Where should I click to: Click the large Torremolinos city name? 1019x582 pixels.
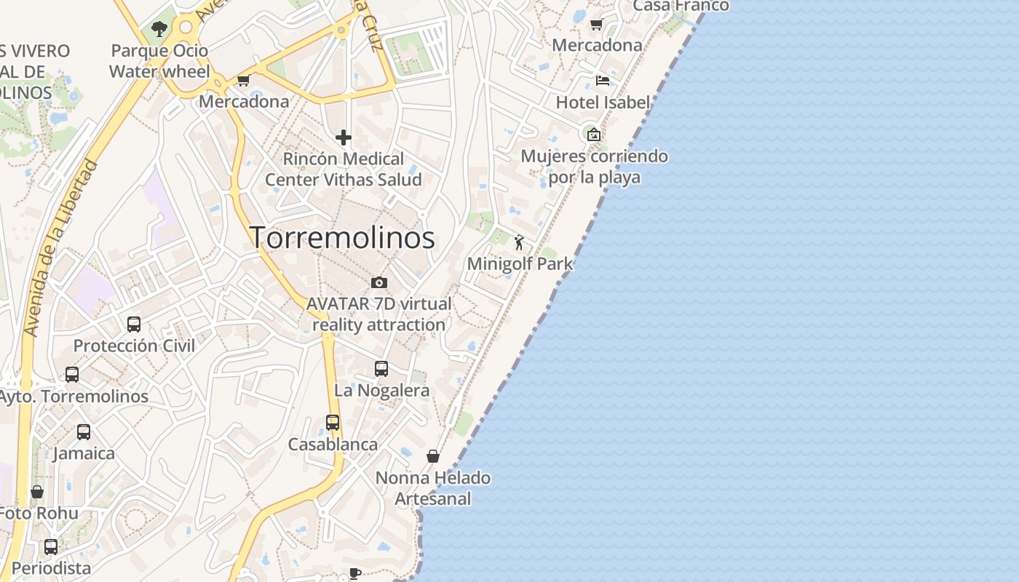pos(343,238)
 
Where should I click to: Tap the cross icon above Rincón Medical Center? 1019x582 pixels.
pos(344,137)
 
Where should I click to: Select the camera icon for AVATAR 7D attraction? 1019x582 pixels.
pos(378,282)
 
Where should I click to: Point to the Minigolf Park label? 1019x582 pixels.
pos(520,263)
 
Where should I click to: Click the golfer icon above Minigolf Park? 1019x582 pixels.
pos(519,242)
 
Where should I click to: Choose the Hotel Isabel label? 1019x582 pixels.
pos(603,103)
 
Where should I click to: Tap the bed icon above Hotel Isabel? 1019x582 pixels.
pos(602,80)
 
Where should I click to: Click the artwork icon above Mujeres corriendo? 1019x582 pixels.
pos(594,134)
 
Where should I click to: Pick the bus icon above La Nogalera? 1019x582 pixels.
pos(381,369)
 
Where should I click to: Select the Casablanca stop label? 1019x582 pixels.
pos(333,445)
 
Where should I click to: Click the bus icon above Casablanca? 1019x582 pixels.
pos(333,423)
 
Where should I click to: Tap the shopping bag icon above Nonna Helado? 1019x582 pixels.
pos(433,456)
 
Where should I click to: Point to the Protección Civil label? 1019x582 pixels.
pos(134,346)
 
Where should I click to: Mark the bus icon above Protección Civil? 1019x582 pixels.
pos(134,324)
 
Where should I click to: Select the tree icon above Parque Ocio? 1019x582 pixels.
pos(159,30)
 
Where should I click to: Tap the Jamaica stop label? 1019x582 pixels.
pos(84,453)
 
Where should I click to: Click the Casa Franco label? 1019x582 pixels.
pos(681,6)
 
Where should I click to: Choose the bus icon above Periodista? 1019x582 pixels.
pos(51,547)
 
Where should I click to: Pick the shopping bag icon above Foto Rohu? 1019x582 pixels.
pos(37,493)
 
